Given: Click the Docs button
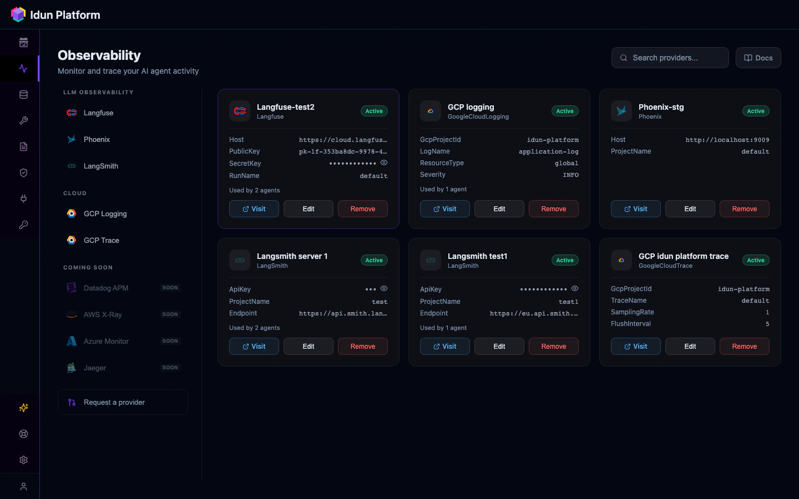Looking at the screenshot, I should click(758, 58).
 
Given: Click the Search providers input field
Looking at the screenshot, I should click(670, 58).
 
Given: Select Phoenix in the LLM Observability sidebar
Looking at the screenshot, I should click(97, 139).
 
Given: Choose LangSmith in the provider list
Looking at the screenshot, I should click(100, 166).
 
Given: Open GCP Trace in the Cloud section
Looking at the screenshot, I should click(101, 240).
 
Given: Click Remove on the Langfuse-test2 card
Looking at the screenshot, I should click(363, 209).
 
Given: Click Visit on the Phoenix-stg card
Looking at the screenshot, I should click(635, 209).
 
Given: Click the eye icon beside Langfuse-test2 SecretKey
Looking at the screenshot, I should click(384, 162).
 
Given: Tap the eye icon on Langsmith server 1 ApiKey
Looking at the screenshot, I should click(384, 288).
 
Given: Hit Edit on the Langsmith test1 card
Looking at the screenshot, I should click(499, 347).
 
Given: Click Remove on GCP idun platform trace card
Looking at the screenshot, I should click(744, 347).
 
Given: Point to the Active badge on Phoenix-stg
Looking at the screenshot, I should click(756, 111).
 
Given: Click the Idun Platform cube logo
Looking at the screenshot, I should click(18, 14).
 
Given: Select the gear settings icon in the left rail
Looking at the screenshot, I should click(23, 460).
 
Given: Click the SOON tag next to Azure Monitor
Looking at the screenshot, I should click(170, 341).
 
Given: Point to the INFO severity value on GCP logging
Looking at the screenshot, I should click(570, 175).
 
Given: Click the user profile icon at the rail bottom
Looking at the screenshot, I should click(23, 486).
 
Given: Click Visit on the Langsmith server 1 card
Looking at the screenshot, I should click(254, 347).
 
